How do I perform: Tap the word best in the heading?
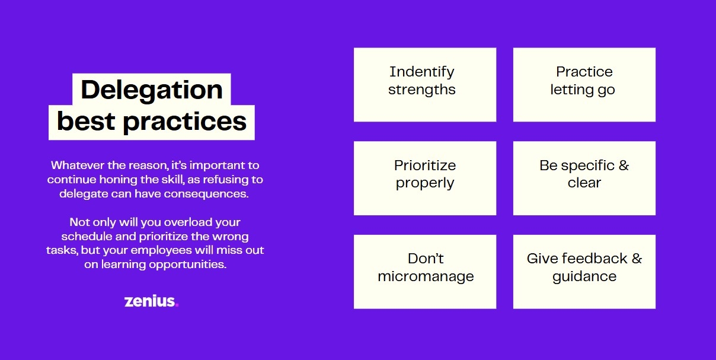(x=86, y=121)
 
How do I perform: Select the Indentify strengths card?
(x=425, y=85)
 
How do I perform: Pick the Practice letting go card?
(x=584, y=85)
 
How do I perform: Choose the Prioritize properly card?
(x=425, y=178)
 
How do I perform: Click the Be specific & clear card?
(x=584, y=178)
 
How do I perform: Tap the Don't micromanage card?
(x=425, y=272)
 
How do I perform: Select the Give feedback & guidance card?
(x=584, y=272)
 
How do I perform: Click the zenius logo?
(x=151, y=301)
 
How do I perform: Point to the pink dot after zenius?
(x=177, y=305)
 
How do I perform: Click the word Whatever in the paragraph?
(x=78, y=165)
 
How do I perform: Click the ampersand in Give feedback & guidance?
(x=637, y=259)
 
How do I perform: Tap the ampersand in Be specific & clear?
(x=624, y=165)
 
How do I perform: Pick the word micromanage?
(x=426, y=277)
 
